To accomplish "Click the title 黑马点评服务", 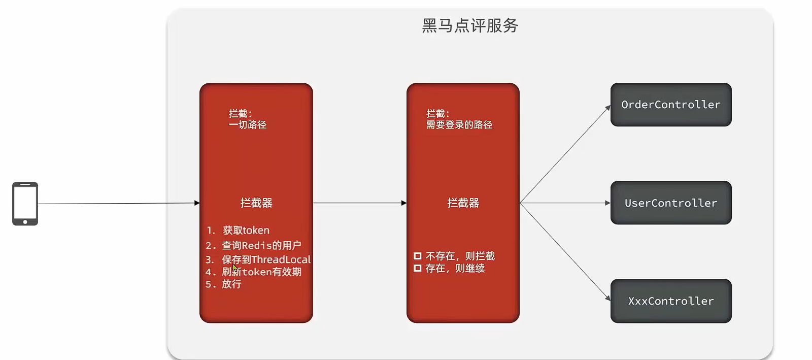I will (470, 25).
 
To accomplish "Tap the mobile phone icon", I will (25, 204).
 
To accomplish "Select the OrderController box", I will (670, 105).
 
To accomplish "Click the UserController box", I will (670, 203).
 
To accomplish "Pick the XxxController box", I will (670, 301).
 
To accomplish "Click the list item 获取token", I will (246, 231).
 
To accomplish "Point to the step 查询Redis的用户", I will (261, 245).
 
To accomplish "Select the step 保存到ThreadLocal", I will (266, 259).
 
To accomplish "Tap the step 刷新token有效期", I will (261, 272).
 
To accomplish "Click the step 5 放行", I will (231, 284).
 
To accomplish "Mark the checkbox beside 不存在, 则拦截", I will (418, 256).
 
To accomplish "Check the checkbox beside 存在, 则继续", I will (418, 268).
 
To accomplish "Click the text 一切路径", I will (247, 125).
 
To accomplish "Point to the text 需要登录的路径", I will (459, 125).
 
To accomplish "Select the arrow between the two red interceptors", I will (359, 203).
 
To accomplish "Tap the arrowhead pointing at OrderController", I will (607, 108).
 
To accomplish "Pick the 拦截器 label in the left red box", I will (256, 203).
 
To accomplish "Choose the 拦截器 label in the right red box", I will (463, 203).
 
